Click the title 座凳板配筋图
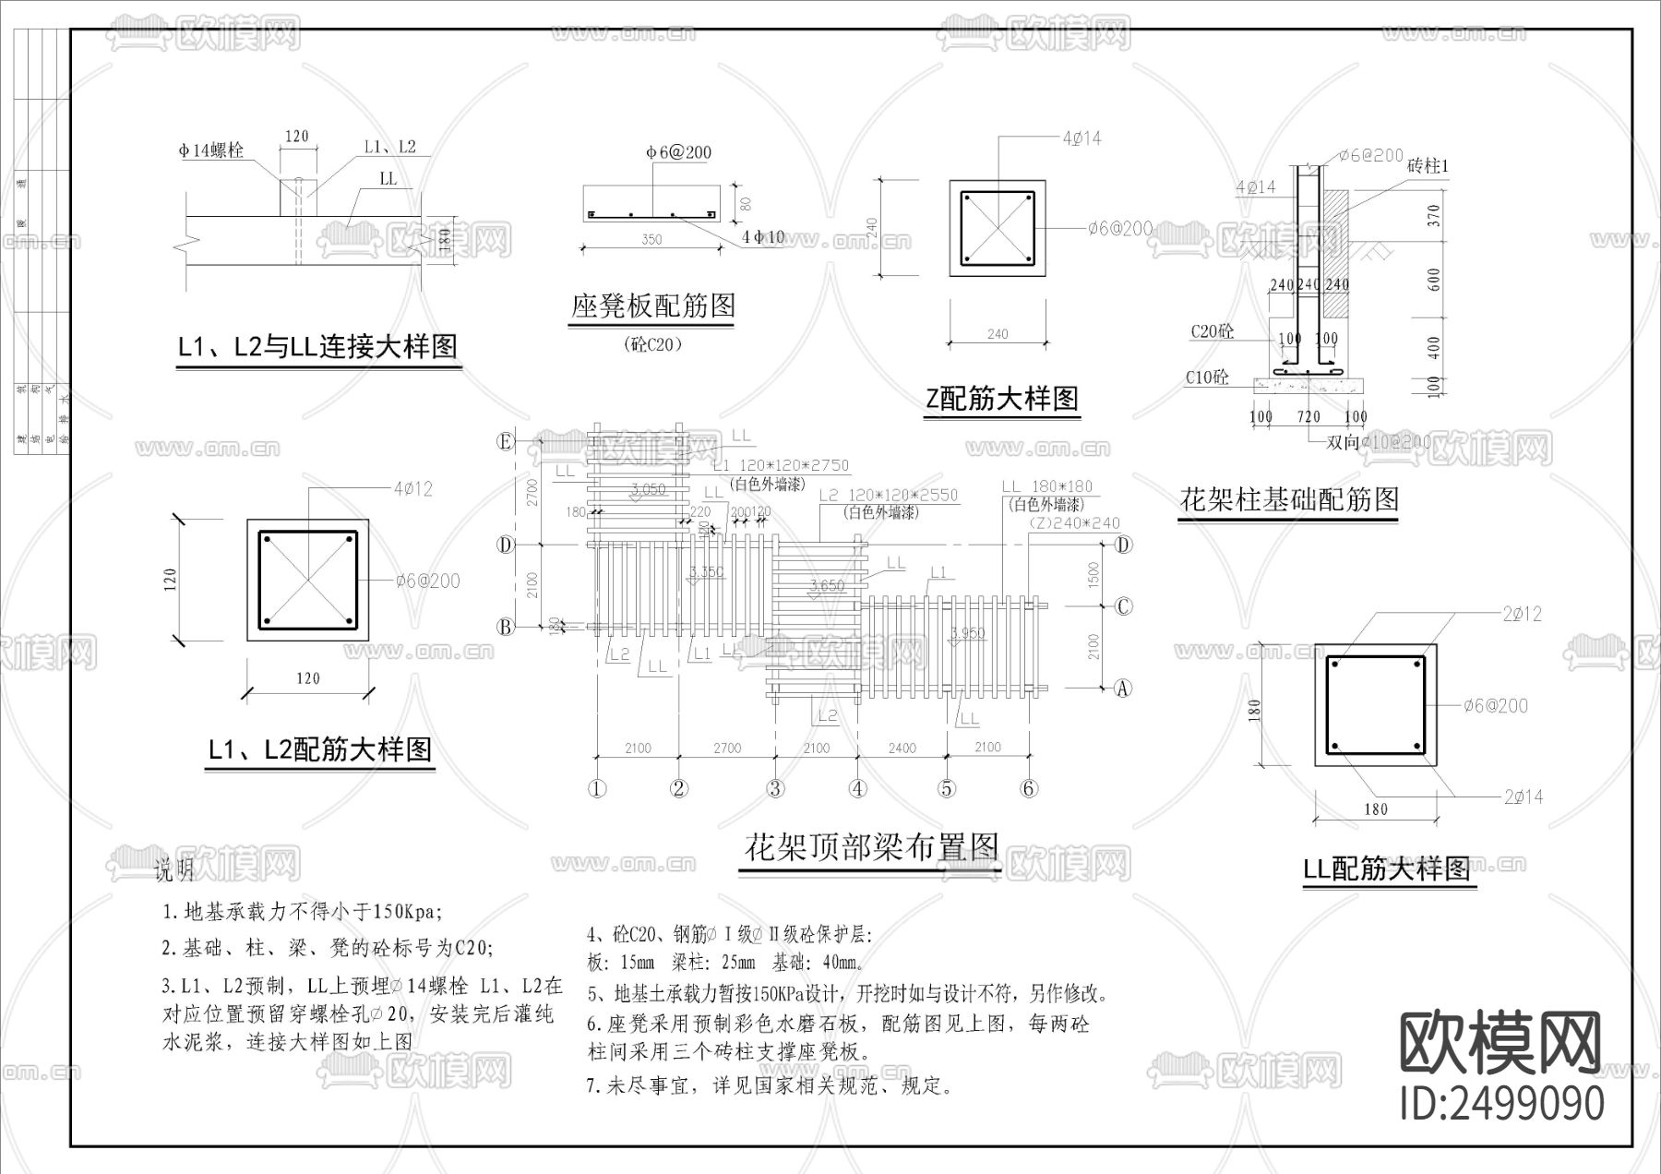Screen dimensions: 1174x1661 (x=652, y=305)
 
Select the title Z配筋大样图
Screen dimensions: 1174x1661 (x=1002, y=399)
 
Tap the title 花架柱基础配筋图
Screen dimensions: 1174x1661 (x=1289, y=499)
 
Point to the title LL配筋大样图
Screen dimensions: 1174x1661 (x=1386, y=869)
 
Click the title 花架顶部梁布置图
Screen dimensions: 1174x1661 (x=872, y=846)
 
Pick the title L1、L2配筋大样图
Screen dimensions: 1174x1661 (x=319, y=749)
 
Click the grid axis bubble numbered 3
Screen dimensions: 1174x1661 (x=776, y=788)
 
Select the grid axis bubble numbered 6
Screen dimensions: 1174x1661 (x=1029, y=788)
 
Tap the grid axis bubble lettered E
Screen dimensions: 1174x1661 (x=505, y=441)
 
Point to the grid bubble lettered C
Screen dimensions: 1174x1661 (x=1123, y=606)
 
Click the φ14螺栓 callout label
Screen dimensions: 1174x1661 (x=211, y=150)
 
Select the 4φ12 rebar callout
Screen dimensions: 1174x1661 (x=412, y=488)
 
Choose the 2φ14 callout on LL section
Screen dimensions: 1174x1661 (x=1523, y=797)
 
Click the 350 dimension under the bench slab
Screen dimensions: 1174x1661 (x=651, y=240)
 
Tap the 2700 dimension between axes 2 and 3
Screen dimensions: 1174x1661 (x=727, y=749)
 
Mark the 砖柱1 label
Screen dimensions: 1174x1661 (x=1428, y=166)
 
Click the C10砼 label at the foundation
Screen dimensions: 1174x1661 (x=1207, y=377)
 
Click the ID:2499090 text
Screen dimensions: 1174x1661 (x=1502, y=1103)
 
